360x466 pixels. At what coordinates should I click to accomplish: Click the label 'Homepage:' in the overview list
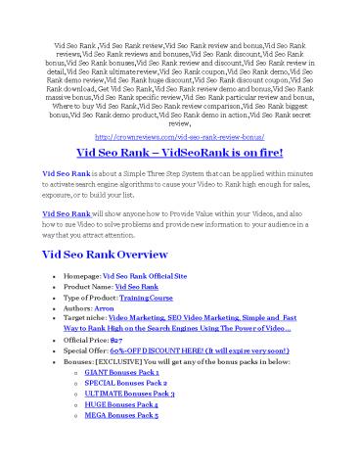click(82, 278)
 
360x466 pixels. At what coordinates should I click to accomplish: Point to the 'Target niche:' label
click(86, 317)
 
